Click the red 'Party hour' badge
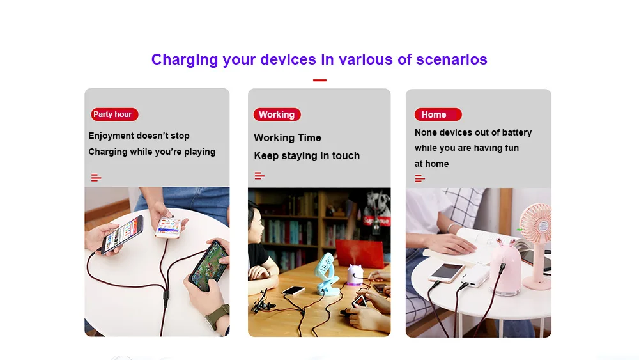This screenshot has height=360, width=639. click(114, 114)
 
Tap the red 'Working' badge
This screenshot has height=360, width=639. click(277, 114)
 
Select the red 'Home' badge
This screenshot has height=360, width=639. click(438, 114)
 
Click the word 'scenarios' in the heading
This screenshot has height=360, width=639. click(452, 59)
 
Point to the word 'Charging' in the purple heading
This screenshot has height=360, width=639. click(185, 60)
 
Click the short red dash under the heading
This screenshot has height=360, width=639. click(319, 81)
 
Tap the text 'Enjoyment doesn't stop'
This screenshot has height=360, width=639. click(139, 136)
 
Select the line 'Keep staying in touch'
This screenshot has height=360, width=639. click(307, 156)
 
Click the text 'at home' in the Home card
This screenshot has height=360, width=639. click(431, 164)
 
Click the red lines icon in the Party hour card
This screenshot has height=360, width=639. click(96, 178)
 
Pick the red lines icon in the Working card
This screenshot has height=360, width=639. click(259, 176)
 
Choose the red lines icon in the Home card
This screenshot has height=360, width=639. click(420, 178)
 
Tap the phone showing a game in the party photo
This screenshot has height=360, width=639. click(209, 264)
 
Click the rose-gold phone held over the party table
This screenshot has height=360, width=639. click(169, 227)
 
